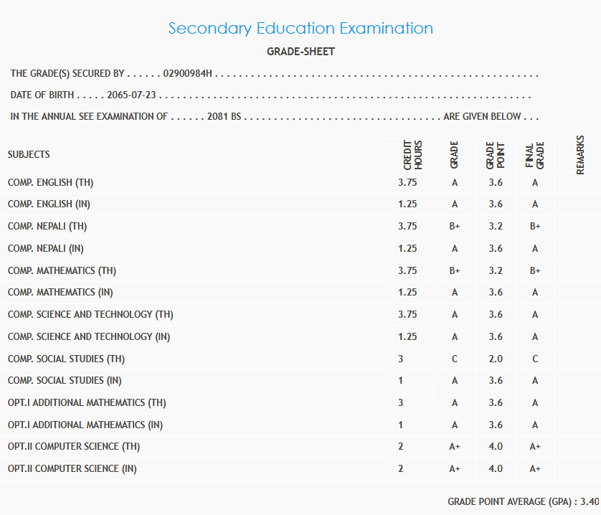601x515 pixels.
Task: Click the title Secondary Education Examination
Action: pos(300,29)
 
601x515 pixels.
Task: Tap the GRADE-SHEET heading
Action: pos(300,52)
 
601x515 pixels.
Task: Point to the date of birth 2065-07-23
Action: pos(131,95)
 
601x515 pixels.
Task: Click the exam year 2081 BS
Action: pos(224,117)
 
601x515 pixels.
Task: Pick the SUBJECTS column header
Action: pos(29,155)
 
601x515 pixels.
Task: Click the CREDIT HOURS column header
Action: pos(413,155)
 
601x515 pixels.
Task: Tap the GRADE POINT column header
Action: pos(496,155)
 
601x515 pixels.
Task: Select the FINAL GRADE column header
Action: pos(535,155)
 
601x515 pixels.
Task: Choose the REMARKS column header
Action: pos(580,155)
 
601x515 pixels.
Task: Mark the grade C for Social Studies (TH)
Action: pos(455,359)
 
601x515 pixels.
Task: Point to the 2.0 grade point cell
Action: pos(496,359)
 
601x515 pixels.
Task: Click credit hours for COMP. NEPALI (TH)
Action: pos(407,227)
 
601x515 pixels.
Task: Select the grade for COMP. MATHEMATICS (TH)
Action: pos(455,270)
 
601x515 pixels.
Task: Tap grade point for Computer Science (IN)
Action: pos(496,468)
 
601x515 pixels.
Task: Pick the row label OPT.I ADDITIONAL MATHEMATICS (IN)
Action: pos(85,425)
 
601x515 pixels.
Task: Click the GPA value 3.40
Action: pos(590,501)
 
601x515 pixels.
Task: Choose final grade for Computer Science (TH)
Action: pos(535,446)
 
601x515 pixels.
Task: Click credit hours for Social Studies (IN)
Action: pos(401,381)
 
